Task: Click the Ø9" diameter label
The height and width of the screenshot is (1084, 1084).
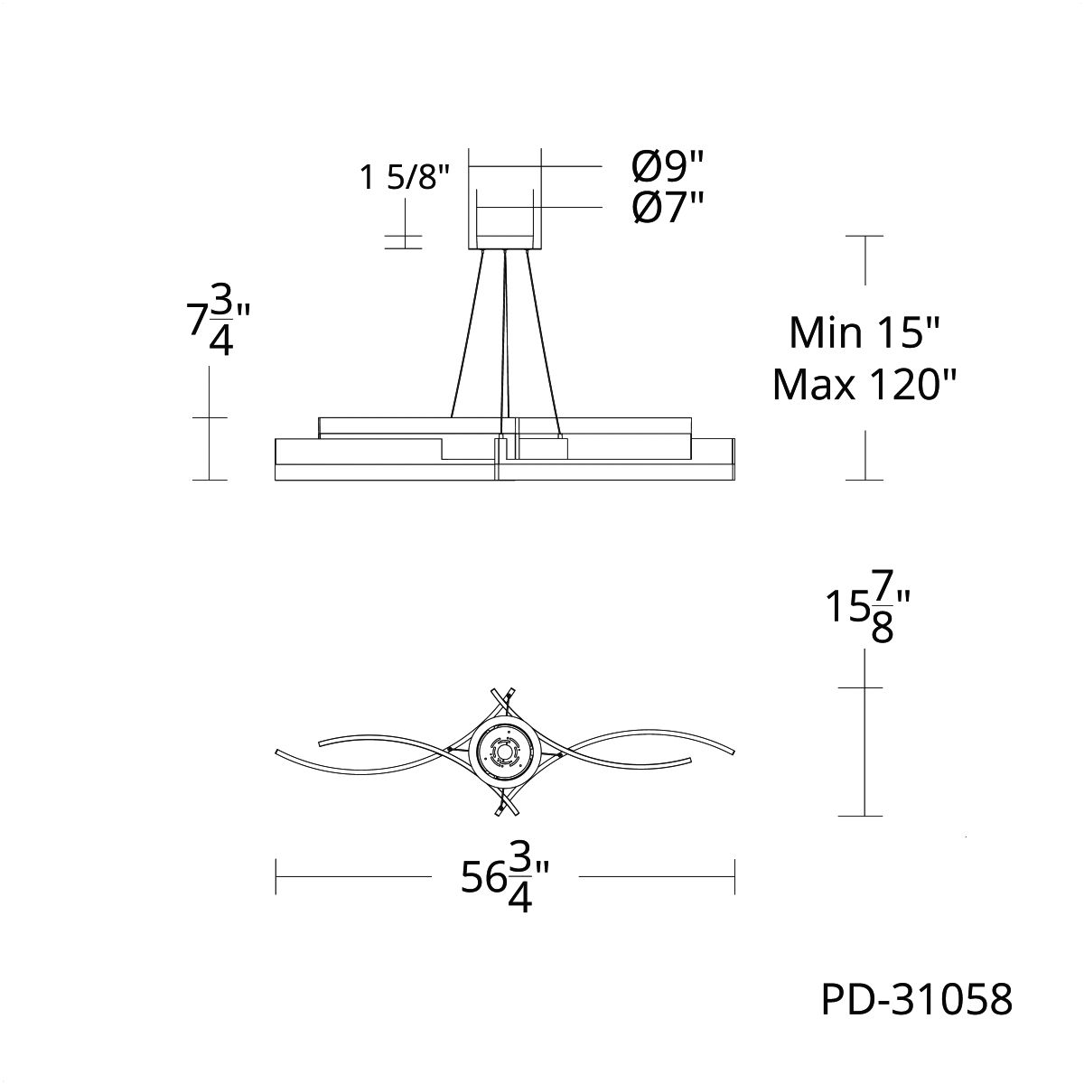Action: [x=668, y=167]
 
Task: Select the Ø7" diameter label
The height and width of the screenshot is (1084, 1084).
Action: [x=668, y=208]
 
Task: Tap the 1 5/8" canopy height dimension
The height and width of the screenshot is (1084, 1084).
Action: [x=405, y=177]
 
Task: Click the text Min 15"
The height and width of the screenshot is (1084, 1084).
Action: [x=864, y=332]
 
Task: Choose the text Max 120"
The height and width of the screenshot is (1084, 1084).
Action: [x=864, y=386]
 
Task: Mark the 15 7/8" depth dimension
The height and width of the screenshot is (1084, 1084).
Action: [x=867, y=615]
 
